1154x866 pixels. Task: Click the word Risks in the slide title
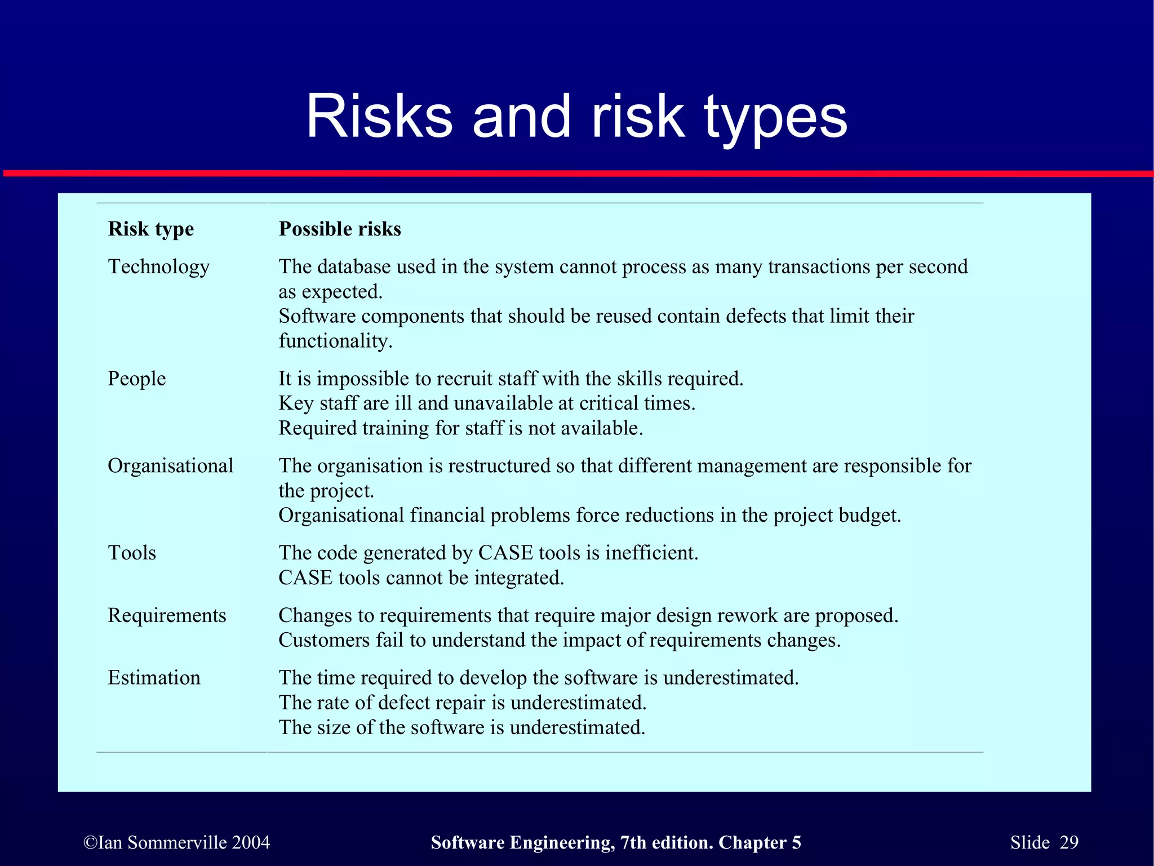379,116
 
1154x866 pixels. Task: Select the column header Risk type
150,229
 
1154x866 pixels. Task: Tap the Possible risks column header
340,229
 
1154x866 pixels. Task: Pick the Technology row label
158,267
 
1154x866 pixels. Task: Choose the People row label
136,379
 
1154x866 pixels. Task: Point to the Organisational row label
170,466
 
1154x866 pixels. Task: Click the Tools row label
132,553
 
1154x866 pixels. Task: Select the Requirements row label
167,615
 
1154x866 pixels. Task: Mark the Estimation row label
154,678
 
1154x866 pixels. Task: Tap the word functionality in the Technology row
335,341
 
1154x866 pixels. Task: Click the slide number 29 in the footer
1068,842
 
